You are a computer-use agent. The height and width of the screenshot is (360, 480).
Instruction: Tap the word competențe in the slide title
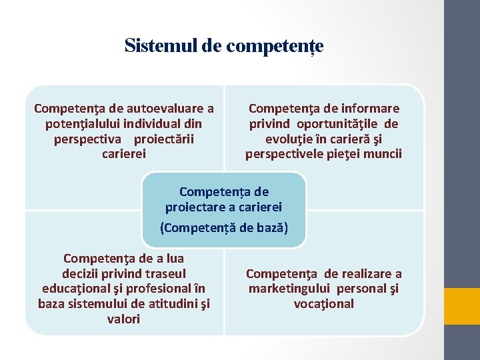pyautogui.click(x=275, y=47)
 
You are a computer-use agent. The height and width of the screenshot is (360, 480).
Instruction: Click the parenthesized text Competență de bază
pyautogui.click(x=224, y=227)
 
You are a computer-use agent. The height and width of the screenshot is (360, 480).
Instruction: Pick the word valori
pyautogui.click(x=124, y=319)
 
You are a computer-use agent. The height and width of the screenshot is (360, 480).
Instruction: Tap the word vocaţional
pyautogui.click(x=324, y=304)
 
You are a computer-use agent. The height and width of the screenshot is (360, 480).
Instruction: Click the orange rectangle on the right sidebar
pyautogui.click(x=462, y=305)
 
